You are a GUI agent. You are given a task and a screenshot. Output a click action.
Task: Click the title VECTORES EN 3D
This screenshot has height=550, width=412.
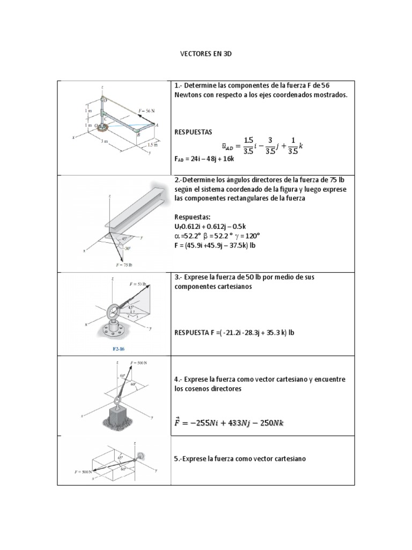click(x=205, y=55)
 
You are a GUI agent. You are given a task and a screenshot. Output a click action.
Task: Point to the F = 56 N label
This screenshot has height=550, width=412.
click(x=146, y=111)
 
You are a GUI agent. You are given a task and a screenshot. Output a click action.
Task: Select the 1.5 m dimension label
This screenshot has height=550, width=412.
click(x=152, y=145)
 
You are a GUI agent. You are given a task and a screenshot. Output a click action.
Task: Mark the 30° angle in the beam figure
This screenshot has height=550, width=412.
click(x=127, y=249)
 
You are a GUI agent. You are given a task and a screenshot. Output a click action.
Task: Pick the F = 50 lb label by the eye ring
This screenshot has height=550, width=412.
click(x=138, y=283)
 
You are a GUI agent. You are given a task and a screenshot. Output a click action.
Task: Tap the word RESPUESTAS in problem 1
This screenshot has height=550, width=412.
click(x=194, y=131)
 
